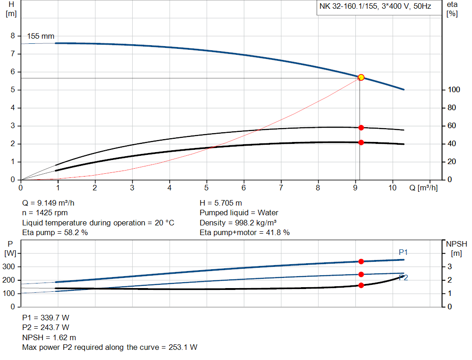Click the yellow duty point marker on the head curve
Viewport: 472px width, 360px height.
[x=361, y=77]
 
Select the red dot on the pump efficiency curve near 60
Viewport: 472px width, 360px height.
[x=361, y=128]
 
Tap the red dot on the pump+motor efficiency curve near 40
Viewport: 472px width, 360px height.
[x=361, y=142]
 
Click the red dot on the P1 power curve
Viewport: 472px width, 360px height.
[x=361, y=261]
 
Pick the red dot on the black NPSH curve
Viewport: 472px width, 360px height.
[x=361, y=285]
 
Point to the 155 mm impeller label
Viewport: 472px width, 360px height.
[x=41, y=35]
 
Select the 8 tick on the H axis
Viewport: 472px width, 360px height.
[x=13, y=36]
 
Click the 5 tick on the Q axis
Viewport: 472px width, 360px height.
[x=206, y=188]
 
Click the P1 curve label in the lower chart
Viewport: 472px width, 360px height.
[x=403, y=252]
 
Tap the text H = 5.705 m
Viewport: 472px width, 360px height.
[x=221, y=203]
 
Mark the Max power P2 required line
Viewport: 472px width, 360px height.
[x=110, y=347]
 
